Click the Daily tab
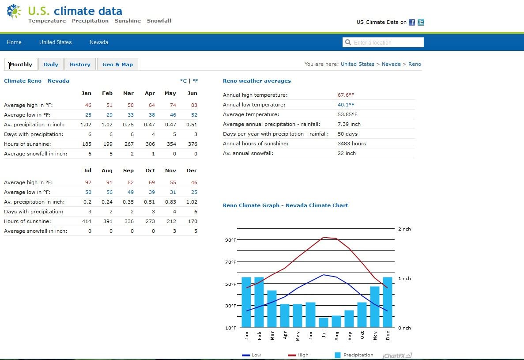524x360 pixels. tap(51, 64)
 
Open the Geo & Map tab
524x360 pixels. tap(117, 64)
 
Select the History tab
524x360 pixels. tap(80, 64)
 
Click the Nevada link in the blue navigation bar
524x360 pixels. tap(98, 42)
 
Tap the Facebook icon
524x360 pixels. tap(412, 23)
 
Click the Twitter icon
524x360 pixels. tap(421, 23)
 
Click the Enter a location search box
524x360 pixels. tap(383, 42)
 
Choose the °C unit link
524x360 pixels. tap(184, 81)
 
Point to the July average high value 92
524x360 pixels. tap(88, 182)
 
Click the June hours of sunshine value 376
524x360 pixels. tap(192, 144)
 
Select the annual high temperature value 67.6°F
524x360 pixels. tap(346, 95)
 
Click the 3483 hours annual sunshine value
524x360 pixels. tap(352, 144)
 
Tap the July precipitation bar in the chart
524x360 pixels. tap(324, 322)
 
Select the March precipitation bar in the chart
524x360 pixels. tap(272, 309)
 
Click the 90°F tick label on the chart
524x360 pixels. tap(230, 240)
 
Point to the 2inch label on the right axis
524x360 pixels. tap(404, 229)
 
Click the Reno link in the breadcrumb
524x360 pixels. tap(415, 64)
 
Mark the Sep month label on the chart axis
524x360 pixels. tap(350, 336)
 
